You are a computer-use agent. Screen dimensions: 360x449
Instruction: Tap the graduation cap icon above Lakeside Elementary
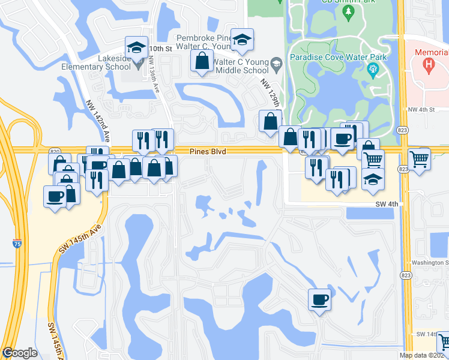click(x=136, y=47)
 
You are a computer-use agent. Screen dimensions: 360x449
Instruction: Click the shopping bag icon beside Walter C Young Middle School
click(x=202, y=61)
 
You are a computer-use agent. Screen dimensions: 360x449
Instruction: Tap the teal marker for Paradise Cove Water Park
click(x=373, y=71)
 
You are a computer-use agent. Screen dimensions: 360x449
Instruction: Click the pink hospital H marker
click(x=429, y=64)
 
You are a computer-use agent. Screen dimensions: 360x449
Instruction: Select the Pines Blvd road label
click(x=209, y=152)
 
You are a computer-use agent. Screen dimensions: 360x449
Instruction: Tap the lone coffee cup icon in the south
click(x=319, y=299)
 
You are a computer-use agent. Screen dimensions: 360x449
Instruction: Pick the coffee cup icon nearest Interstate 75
click(x=55, y=196)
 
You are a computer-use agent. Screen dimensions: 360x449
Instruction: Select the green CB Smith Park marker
click(x=349, y=11)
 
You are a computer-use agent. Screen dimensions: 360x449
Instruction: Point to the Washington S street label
click(x=430, y=263)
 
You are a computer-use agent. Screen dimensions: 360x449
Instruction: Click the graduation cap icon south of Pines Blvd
click(x=373, y=180)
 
